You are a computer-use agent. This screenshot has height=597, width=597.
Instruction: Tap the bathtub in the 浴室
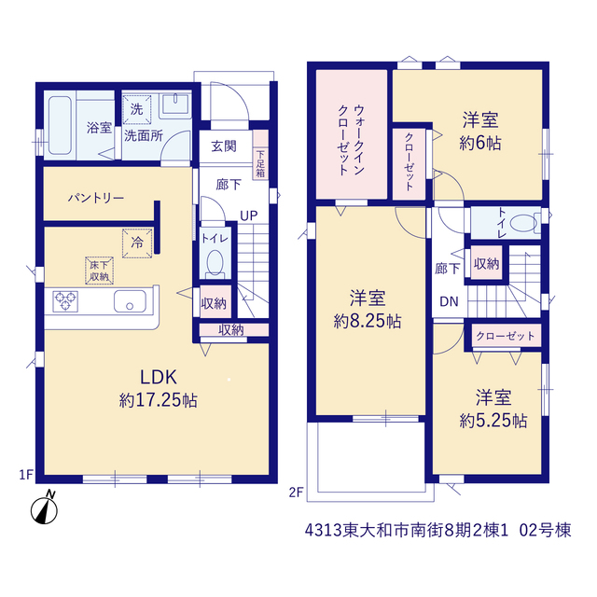[x=60, y=125]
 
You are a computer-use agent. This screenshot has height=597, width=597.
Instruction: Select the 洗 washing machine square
[x=136, y=109]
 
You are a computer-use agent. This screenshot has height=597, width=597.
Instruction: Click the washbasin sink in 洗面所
[x=175, y=104]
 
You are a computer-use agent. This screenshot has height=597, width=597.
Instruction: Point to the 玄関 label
[x=224, y=146]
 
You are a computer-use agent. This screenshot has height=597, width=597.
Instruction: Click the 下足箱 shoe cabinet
[x=260, y=155]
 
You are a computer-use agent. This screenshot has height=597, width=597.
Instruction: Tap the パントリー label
[x=96, y=198]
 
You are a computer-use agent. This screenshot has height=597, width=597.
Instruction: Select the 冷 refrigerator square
[x=137, y=243]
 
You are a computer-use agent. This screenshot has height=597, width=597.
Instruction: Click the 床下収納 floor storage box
[x=100, y=271]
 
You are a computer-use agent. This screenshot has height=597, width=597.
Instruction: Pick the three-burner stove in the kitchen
[x=65, y=301]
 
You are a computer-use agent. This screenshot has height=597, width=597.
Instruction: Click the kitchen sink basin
[x=130, y=301]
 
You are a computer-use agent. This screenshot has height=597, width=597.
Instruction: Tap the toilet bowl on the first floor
[x=215, y=263]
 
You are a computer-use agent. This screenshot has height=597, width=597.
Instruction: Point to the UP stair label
[x=249, y=216]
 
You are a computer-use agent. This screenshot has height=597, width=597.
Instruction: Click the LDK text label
[x=159, y=377]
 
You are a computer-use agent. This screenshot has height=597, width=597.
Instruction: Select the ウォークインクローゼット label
[x=351, y=140]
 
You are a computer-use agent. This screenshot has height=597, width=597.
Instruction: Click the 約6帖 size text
[x=480, y=144]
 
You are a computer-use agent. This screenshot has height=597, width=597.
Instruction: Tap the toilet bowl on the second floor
[x=523, y=224]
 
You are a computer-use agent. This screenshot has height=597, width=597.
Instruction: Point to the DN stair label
[x=449, y=302]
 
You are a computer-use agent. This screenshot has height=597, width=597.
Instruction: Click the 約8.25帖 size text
[x=368, y=322]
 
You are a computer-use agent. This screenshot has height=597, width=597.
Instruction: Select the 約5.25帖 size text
[x=493, y=421]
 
